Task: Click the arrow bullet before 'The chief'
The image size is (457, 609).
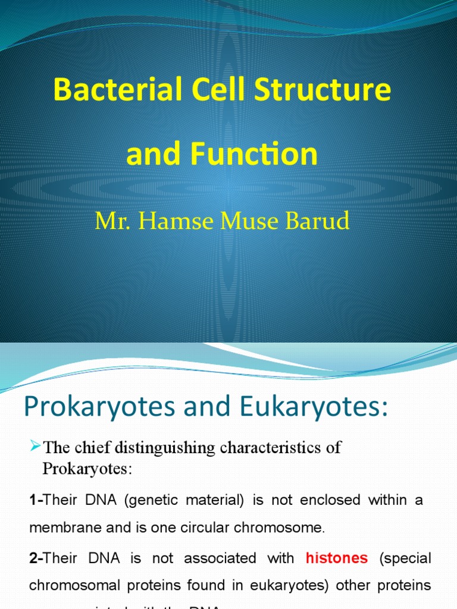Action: tap(35, 446)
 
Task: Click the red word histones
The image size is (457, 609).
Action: tap(337, 558)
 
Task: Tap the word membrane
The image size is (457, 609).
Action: tap(61, 528)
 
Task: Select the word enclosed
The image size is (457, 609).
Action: tap(330, 500)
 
